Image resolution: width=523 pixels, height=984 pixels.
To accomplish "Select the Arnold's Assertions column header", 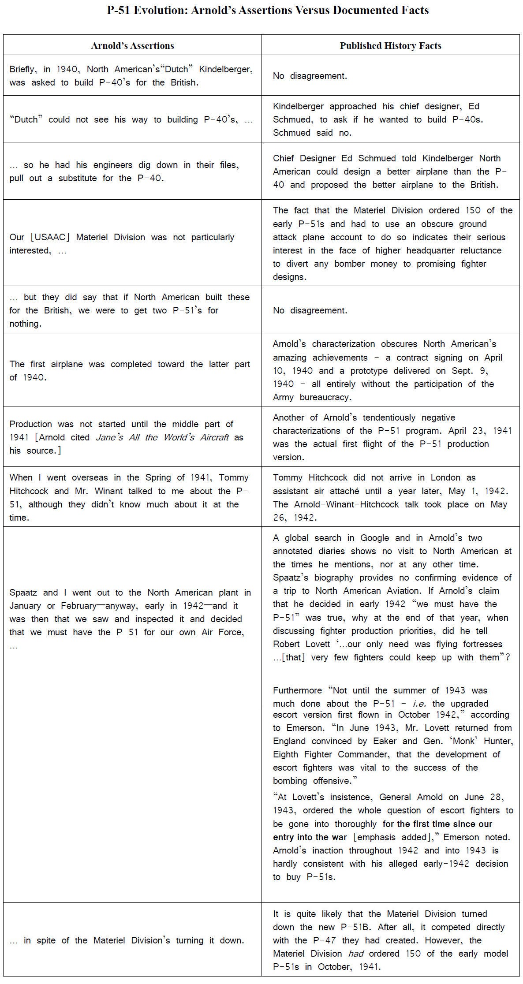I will (x=132, y=46).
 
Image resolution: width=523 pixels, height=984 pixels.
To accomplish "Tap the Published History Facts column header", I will (x=390, y=46).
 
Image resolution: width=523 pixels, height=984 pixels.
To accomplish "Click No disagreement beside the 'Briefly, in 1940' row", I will (x=310, y=76).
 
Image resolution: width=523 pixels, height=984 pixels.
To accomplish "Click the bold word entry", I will (x=284, y=837).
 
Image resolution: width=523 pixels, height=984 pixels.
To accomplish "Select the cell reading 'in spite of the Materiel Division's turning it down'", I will (x=127, y=940).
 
